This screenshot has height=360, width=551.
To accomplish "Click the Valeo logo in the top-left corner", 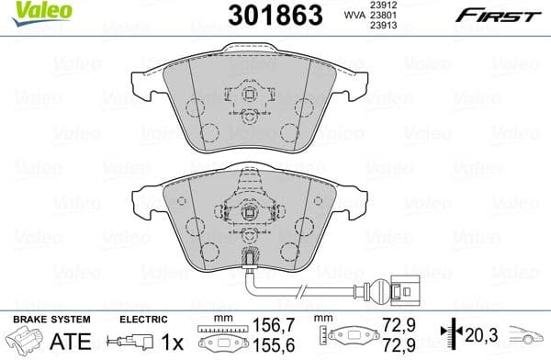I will click(28, 9).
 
